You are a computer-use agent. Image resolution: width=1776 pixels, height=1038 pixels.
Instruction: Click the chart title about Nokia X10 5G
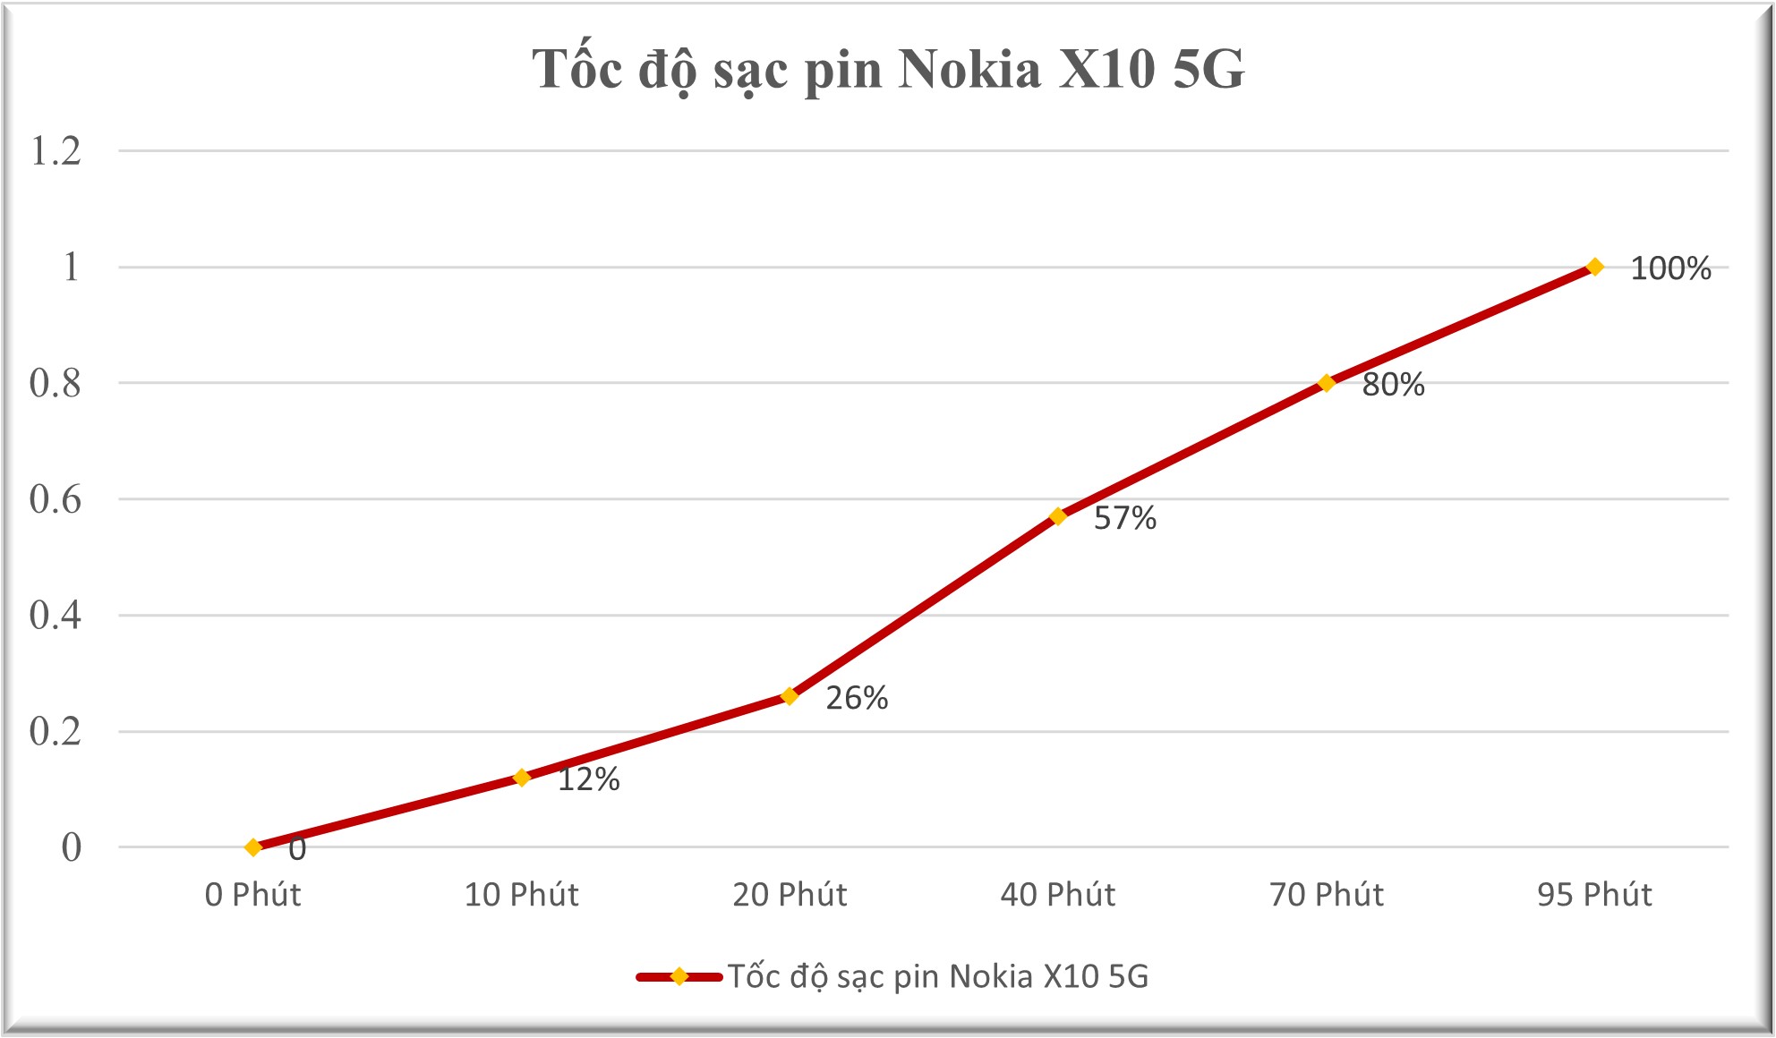click(x=888, y=70)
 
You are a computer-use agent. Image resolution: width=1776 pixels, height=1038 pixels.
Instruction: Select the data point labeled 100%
click(x=1594, y=267)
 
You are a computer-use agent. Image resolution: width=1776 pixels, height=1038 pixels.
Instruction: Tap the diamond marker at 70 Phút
click(x=1326, y=383)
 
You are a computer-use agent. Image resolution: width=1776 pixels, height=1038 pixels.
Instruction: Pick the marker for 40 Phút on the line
click(x=1057, y=516)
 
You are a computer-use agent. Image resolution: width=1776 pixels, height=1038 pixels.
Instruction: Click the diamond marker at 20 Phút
click(x=789, y=696)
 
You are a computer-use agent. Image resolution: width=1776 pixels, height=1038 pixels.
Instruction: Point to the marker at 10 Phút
click(x=521, y=778)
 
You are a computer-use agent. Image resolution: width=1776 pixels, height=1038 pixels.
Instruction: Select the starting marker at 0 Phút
click(x=253, y=847)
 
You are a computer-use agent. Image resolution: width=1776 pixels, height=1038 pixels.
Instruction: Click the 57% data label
click(x=1124, y=519)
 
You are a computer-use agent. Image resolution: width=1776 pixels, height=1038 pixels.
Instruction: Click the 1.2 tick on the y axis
click(x=55, y=151)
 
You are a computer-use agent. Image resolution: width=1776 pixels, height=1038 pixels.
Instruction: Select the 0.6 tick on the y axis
click(x=55, y=499)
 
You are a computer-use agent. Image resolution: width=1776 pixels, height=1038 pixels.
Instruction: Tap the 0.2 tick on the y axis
click(x=55, y=732)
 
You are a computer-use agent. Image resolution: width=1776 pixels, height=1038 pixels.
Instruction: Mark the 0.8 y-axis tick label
click(x=55, y=384)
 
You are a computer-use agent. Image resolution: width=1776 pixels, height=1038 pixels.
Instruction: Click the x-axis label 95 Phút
click(x=1594, y=895)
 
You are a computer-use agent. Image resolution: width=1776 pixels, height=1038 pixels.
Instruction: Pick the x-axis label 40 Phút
click(x=1057, y=895)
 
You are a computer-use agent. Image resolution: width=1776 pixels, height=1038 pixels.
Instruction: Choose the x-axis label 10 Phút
click(x=521, y=895)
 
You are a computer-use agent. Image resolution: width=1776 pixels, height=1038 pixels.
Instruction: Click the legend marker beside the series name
click(x=679, y=976)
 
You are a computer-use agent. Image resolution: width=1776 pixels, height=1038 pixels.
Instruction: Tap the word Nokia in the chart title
click(x=969, y=70)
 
